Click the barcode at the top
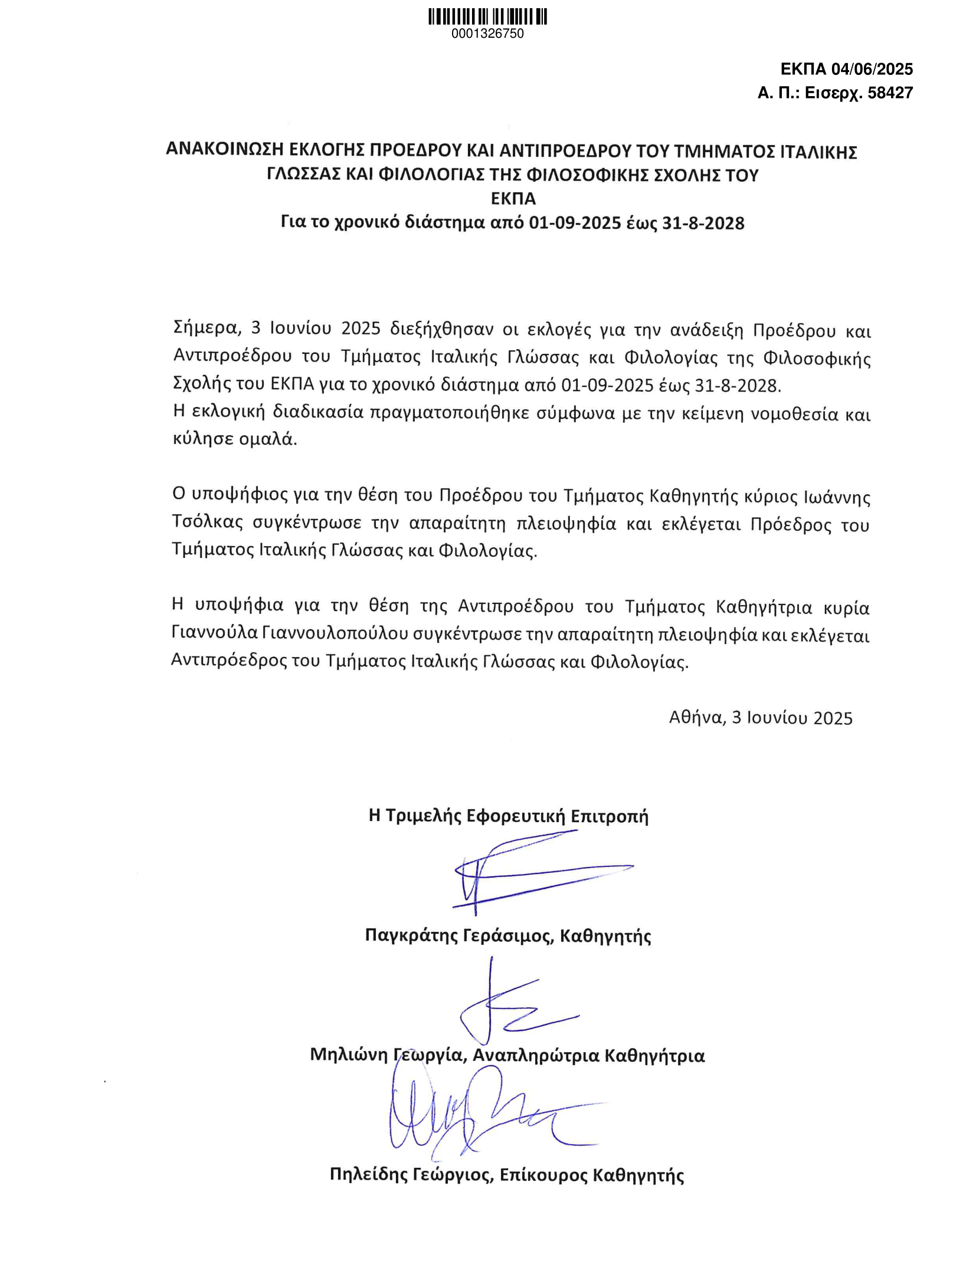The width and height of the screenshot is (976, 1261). (487, 17)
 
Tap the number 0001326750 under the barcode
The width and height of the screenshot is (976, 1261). (487, 34)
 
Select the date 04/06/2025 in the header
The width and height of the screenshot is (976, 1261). (872, 70)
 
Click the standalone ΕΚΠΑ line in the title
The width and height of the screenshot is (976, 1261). (513, 199)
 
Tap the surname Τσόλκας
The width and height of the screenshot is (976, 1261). (207, 523)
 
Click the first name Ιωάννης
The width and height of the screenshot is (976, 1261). (837, 497)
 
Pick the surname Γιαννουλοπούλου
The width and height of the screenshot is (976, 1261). (336, 633)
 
